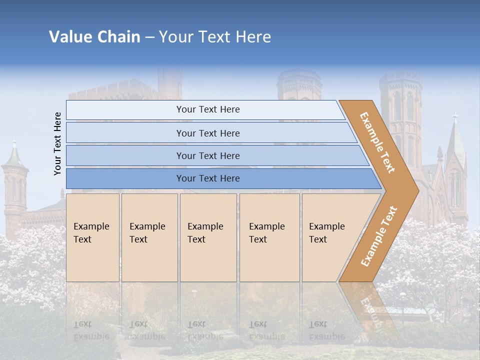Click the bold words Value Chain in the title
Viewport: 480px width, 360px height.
click(x=94, y=37)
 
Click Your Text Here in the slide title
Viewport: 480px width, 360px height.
click(x=215, y=37)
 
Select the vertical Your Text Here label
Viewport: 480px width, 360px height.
click(x=57, y=143)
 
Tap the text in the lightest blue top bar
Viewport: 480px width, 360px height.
click(x=208, y=109)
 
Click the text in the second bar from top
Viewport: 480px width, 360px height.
click(x=208, y=133)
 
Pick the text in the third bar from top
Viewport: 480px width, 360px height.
click(x=208, y=156)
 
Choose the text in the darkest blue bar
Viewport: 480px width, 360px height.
click(x=208, y=178)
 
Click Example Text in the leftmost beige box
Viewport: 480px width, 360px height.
click(x=91, y=233)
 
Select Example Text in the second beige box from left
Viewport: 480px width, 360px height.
click(x=147, y=233)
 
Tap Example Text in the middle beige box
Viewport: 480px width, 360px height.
click(x=205, y=233)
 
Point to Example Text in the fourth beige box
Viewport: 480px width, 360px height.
click(x=266, y=233)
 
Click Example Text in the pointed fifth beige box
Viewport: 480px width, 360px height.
click(x=326, y=233)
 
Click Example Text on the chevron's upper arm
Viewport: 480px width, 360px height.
click(x=377, y=142)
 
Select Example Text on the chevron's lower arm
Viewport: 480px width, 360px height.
click(x=379, y=236)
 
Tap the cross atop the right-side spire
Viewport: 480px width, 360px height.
click(x=454, y=117)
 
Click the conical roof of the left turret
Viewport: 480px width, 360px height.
click(x=14, y=156)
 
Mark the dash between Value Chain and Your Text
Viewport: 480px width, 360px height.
click(x=149, y=37)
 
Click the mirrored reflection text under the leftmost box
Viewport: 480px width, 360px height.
click(x=91, y=330)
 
